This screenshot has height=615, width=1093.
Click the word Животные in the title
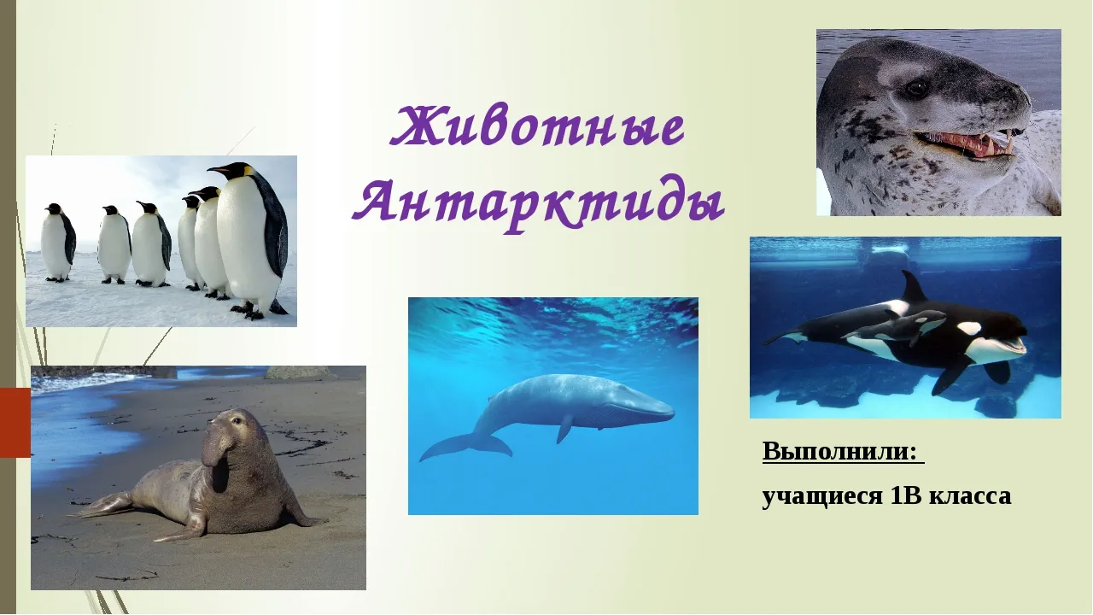538,127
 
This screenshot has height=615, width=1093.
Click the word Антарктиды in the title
538,206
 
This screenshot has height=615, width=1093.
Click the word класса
970,497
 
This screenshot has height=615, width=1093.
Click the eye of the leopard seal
917,88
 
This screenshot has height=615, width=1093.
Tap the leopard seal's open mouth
964,143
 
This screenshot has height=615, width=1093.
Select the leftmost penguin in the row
59,243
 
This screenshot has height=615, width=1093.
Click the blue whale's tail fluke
466,445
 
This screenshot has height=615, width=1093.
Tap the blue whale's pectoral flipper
564,428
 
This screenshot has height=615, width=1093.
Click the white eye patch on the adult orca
969,327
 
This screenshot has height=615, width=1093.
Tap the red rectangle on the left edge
15,422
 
